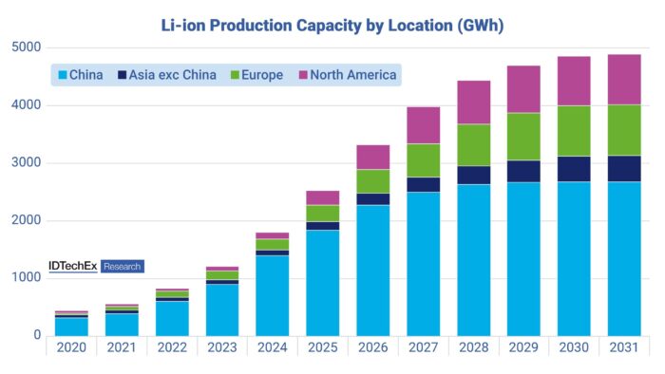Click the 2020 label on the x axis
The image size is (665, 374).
click(71, 347)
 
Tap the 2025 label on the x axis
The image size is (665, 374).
click(323, 347)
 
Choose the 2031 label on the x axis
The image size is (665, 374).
click(624, 347)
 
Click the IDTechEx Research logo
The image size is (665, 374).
click(96, 267)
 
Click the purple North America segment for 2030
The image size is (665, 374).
click(574, 81)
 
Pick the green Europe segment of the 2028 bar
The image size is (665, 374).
click(473, 145)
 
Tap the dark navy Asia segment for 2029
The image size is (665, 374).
click(523, 171)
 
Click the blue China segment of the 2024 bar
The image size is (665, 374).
click(273, 295)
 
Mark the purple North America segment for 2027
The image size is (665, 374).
click(423, 124)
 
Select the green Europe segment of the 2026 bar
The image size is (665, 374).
click(373, 181)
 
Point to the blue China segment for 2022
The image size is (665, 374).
click(172, 318)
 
